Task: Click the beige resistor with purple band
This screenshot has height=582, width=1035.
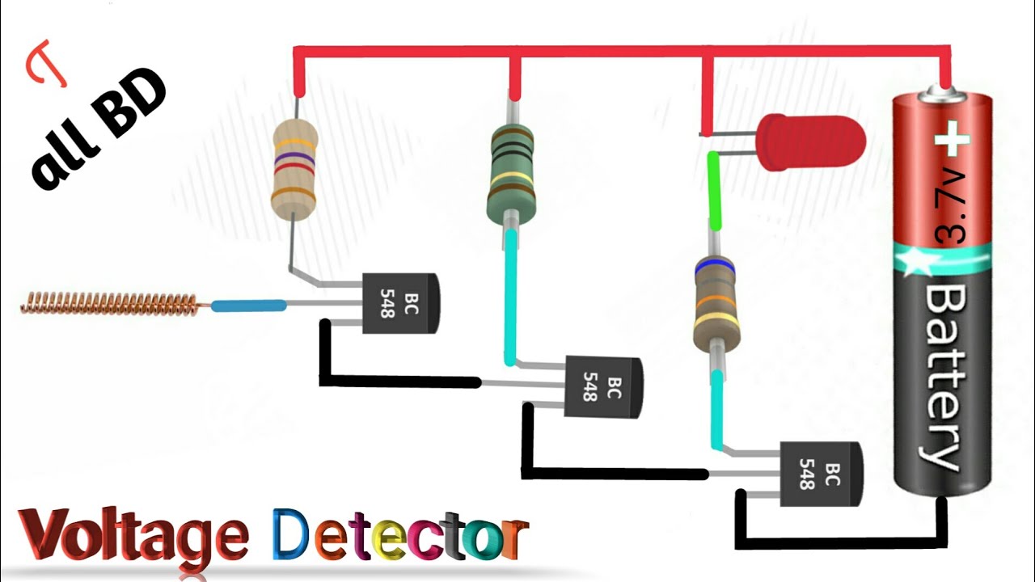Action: coord(293,169)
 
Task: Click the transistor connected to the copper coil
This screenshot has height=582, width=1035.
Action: coord(399,302)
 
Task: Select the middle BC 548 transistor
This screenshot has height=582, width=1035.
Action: coord(602,387)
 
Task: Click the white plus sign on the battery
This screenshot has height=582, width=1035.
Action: coord(952,139)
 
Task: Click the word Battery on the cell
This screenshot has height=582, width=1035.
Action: coord(942,376)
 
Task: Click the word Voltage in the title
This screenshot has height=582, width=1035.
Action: coord(133,534)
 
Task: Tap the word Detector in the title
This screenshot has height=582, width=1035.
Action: coord(399,534)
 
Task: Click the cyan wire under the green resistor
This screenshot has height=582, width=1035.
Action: coord(510,296)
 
